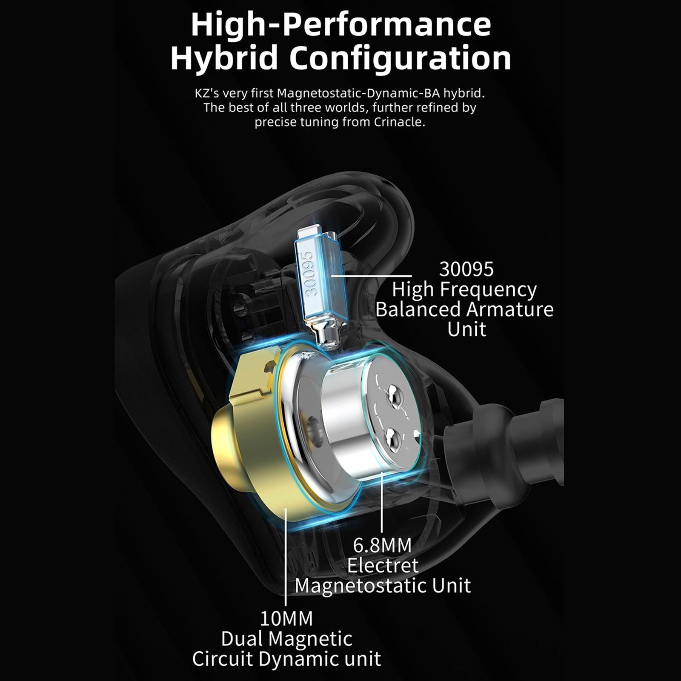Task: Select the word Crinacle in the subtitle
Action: pos(399,122)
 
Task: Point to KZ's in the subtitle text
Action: pos(207,93)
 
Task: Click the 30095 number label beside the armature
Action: pos(466,269)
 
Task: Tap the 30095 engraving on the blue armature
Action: pos(315,274)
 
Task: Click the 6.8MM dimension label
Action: pos(382,545)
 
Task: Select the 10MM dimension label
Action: pos(286,618)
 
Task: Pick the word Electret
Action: pos(383,565)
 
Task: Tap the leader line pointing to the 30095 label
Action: pos(371,276)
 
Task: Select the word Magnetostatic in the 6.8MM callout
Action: pos(360,586)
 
